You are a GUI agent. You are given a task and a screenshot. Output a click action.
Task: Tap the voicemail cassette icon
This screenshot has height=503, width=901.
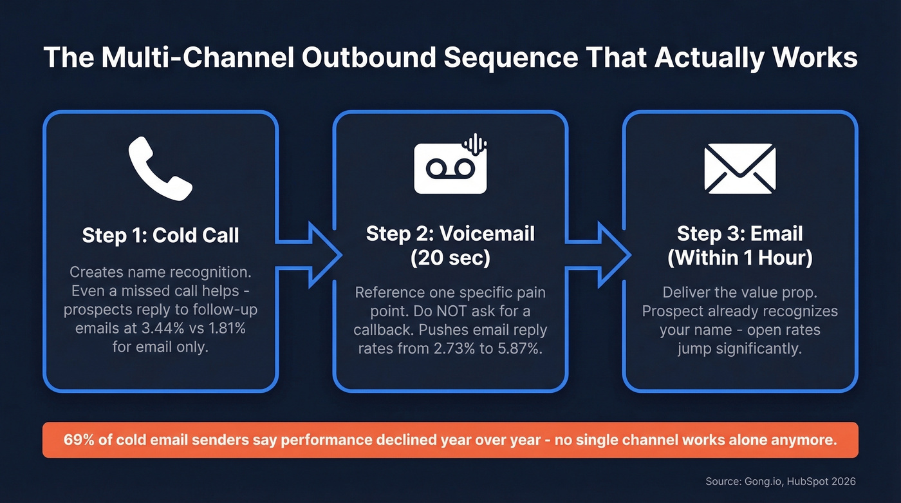pyautogui.click(x=450, y=169)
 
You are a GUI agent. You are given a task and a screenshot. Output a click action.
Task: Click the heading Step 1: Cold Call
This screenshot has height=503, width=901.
pyautogui.click(x=160, y=235)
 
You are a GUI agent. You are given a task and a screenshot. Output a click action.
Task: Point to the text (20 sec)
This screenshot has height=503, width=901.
pyautogui.click(x=450, y=258)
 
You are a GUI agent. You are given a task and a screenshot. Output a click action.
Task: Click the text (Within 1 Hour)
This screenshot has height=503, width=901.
pyautogui.click(x=739, y=258)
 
